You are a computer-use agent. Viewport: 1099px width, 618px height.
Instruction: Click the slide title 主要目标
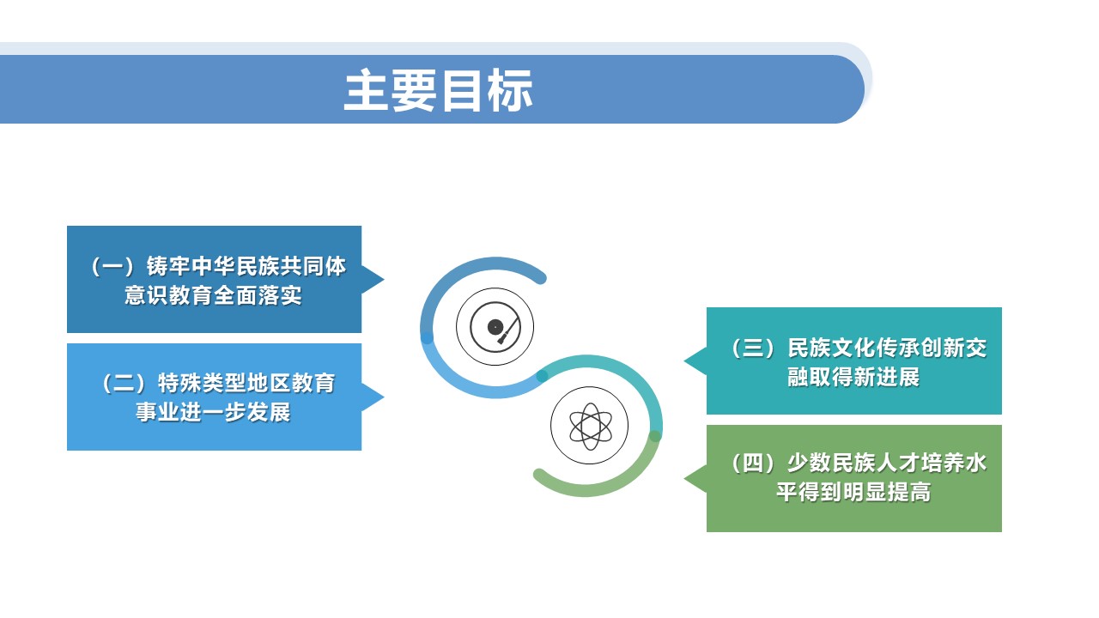[x=438, y=90]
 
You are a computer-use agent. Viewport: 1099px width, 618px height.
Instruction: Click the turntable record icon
[x=495, y=327]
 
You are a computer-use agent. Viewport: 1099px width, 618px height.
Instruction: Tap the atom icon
[x=589, y=425]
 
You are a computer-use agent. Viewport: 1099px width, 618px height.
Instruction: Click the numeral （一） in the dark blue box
[x=113, y=267]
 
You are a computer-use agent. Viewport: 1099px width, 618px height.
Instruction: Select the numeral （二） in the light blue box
[x=125, y=383]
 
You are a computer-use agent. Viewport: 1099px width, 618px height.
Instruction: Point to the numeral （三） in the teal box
[x=752, y=348]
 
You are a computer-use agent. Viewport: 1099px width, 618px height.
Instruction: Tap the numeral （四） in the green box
[x=752, y=463]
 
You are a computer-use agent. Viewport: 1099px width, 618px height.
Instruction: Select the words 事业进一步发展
[x=214, y=413]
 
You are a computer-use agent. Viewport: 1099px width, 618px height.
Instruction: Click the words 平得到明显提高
[x=853, y=494]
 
